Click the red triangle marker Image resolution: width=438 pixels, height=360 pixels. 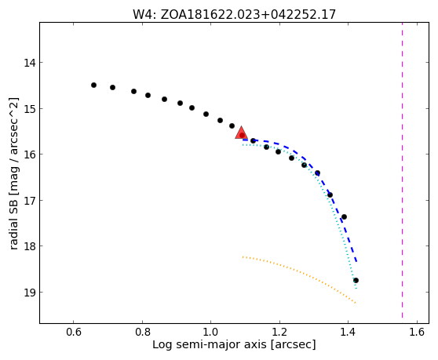241,133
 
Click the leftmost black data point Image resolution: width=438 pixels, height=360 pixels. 94,85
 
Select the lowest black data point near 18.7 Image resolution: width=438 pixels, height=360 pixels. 356,281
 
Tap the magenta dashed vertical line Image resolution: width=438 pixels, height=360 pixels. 402,170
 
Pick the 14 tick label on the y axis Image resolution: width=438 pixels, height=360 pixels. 30,63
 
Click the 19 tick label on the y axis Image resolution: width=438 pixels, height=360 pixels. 30,293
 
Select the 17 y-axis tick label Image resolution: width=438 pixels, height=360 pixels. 30,200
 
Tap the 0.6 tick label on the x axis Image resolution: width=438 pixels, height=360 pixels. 74,332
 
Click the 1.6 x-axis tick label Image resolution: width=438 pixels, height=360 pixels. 417,332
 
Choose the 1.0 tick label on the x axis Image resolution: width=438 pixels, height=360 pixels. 211,332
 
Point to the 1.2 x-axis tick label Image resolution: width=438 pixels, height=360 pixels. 279,332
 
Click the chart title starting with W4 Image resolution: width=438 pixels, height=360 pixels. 234,15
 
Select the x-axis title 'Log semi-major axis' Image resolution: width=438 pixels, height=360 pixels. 210,344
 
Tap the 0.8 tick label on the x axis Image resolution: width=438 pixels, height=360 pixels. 142,332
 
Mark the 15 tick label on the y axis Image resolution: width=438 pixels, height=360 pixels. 30,108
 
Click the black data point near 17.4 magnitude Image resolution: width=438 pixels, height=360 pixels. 344,216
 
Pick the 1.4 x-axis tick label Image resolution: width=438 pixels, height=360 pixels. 348,332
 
